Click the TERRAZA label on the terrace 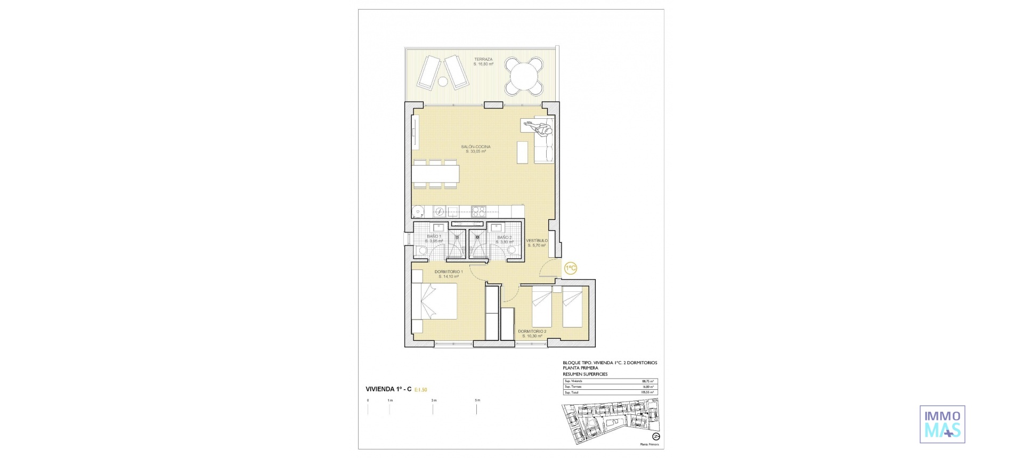click(x=483, y=60)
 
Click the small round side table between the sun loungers click(x=443, y=81)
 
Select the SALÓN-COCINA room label click(x=476, y=147)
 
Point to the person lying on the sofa click(x=538, y=127)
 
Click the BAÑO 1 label click(x=434, y=236)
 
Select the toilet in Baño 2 click(x=513, y=250)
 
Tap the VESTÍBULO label click(x=537, y=241)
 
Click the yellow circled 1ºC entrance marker click(x=571, y=268)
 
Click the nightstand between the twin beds click(x=557, y=289)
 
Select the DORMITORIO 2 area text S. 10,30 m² click(x=532, y=336)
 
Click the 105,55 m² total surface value click(x=648, y=392)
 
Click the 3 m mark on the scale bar click(x=433, y=400)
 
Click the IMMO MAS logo click(x=942, y=424)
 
